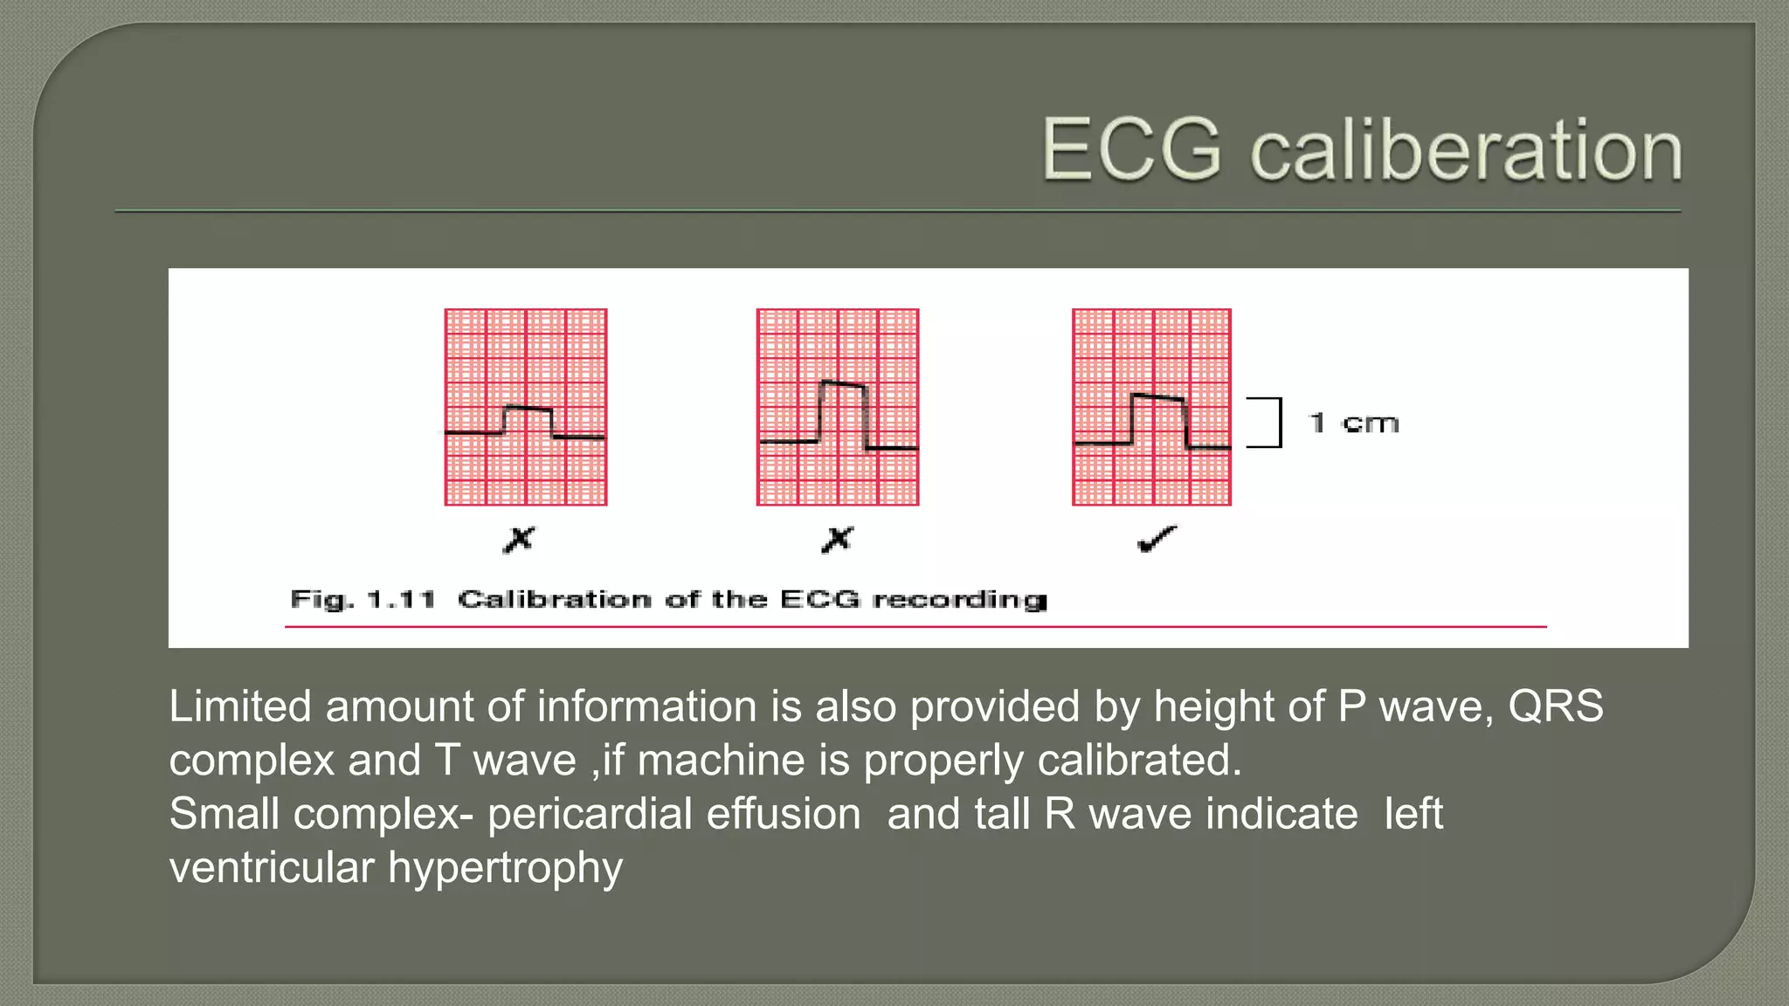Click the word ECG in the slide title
tap(1131, 150)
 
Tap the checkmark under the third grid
tap(1157, 540)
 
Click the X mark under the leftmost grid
tap(519, 540)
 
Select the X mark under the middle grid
tap(837, 540)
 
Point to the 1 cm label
tap(1355, 424)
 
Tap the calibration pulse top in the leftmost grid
tap(528, 408)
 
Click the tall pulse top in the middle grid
tap(843, 383)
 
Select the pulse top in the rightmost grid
tap(1158, 397)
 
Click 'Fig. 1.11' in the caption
tap(363, 600)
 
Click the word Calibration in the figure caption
tap(555, 600)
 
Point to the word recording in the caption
tap(960, 600)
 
